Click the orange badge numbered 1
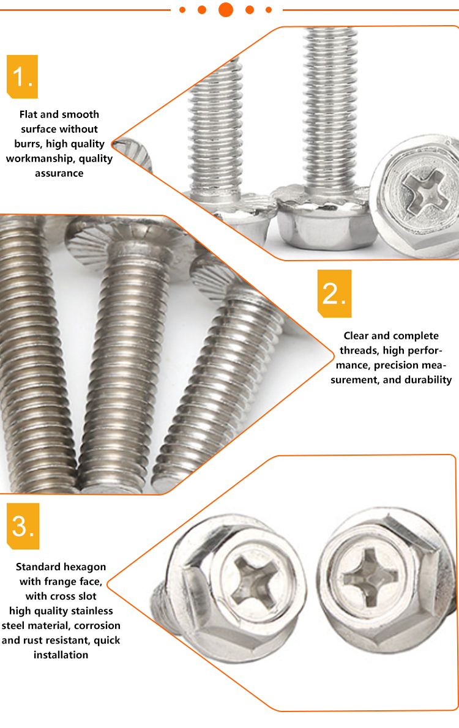tap(22, 76)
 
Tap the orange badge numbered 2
tap(335, 294)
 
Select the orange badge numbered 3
tap(23, 526)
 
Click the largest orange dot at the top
tap(226, 9)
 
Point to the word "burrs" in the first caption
tap(28, 144)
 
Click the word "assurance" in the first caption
tap(59, 173)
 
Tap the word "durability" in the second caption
tap(428, 380)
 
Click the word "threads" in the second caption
tap(360, 351)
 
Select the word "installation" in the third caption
tap(61, 655)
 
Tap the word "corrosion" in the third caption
tap(97, 625)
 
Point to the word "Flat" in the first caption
tap(28, 114)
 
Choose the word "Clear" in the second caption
tap(356, 336)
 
